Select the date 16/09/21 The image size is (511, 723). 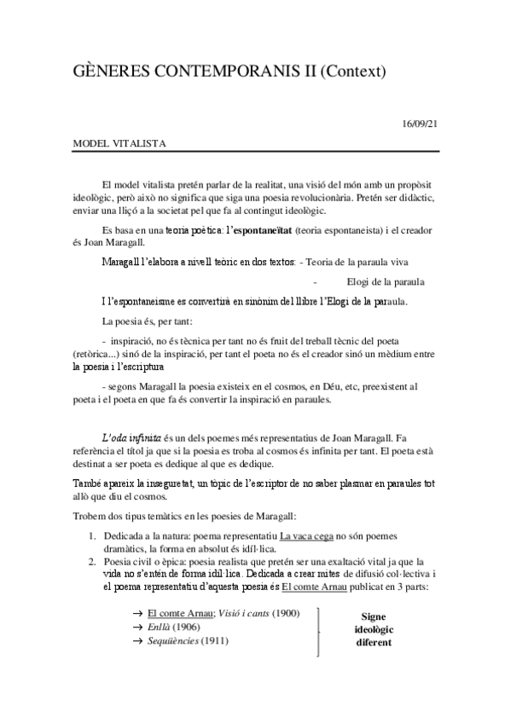[420, 124]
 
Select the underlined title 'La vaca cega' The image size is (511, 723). [314, 535]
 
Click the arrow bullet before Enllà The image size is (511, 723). [136, 627]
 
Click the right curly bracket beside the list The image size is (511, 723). [320, 631]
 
